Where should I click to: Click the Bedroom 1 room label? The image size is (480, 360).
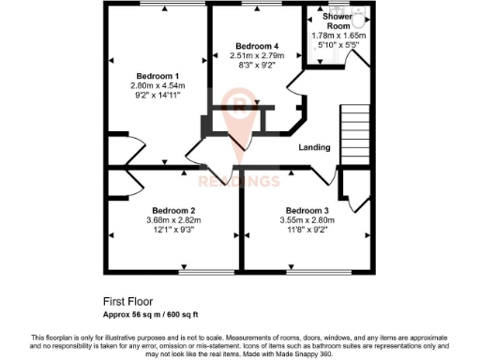click(157, 76)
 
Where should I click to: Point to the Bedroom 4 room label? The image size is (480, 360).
click(257, 46)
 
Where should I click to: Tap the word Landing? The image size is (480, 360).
click(314, 148)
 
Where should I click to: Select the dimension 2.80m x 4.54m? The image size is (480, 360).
click(157, 86)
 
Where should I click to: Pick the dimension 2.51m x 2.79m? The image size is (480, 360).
click(257, 55)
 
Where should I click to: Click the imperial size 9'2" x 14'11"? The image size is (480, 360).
click(157, 96)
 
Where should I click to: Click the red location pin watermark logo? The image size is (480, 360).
click(241, 117)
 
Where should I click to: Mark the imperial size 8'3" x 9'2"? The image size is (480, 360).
click(257, 65)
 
